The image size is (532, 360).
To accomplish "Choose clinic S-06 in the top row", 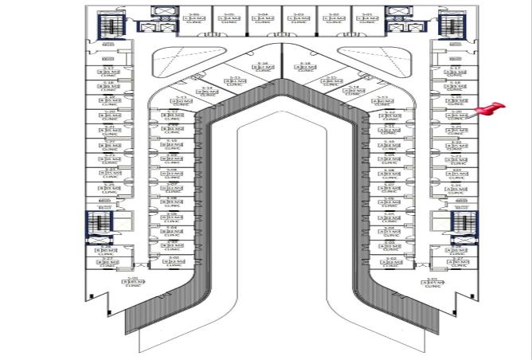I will click(190, 20).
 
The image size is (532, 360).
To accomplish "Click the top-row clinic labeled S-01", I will click(367, 20).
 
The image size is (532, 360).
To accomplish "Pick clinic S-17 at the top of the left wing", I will click(109, 72).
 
